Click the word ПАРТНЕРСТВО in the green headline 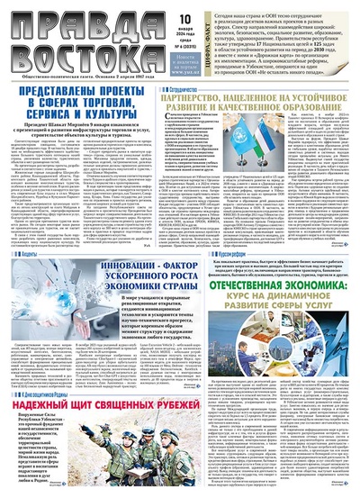pos(205,103)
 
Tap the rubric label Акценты pos(26,255)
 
